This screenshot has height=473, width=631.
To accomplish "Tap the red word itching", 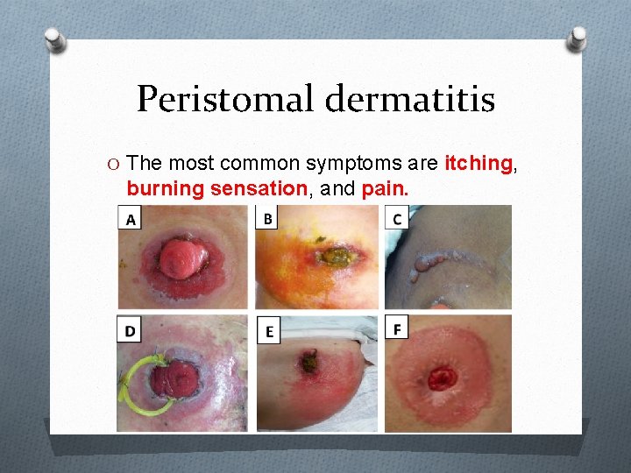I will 479,163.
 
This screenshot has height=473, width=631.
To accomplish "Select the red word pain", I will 386,187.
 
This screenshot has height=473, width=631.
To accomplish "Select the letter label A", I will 131,219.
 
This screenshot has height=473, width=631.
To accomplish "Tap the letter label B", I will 267,217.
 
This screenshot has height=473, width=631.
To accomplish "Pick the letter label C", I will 397,217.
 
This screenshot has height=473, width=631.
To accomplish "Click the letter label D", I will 130,329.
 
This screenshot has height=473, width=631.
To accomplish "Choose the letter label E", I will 269,331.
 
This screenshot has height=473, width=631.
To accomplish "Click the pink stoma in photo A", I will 180,259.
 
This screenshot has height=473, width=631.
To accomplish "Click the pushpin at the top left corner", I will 54,39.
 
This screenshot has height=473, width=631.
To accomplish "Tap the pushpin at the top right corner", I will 577,39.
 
